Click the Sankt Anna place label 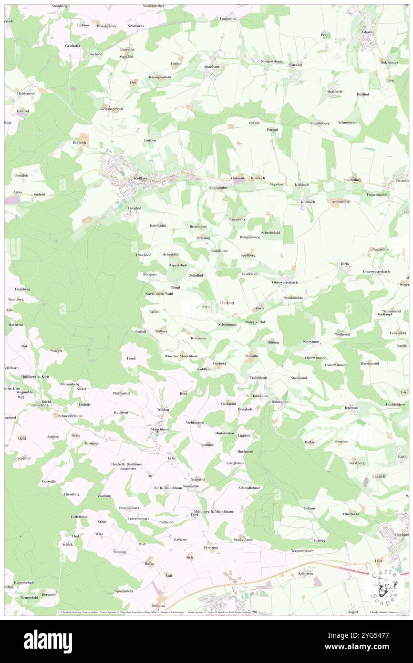(x=243, y=539)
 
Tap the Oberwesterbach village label (x=285, y=282)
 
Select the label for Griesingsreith (x=112, y=109)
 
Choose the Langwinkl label (x=228, y=19)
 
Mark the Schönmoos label (x=227, y=324)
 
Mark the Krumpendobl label (x=160, y=77)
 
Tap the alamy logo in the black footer (x=48, y=641)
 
